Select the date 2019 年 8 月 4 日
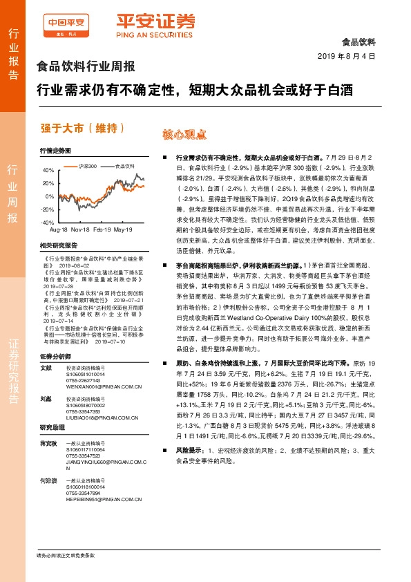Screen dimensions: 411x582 click(x=345, y=55)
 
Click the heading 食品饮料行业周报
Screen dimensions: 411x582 click(x=86, y=68)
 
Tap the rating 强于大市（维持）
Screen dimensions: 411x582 click(x=83, y=129)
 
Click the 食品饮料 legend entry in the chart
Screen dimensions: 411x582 click(x=123, y=167)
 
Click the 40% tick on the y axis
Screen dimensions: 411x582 click(x=47, y=171)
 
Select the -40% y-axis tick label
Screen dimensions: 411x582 click(x=46, y=223)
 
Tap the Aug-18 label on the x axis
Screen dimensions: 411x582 click(x=59, y=229)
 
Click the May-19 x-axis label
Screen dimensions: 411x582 click(x=123, y=229)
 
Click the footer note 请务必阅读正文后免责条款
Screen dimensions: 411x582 click(x=65, y=556)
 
